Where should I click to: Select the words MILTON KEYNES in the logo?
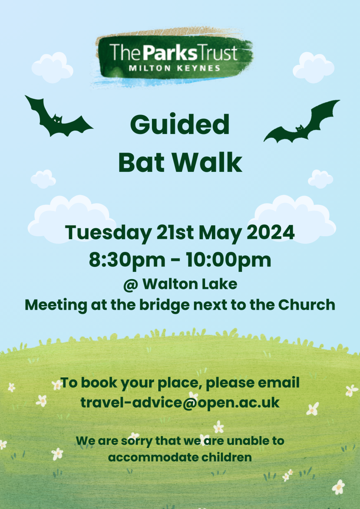point(174,68)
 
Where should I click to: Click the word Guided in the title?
point(180,125)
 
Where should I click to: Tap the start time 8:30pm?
point(127,260)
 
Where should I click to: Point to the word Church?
point(307,305)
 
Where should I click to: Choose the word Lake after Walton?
point(224,284)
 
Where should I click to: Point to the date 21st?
point(175,232)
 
